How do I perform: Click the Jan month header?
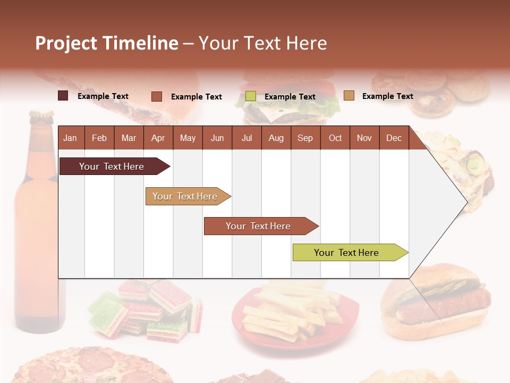70,138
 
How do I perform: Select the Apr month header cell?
158,138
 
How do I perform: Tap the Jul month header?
246,138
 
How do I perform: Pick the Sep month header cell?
305,138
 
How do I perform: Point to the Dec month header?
394,138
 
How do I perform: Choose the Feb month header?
99,138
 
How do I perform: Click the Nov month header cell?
364,138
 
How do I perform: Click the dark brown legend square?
63,96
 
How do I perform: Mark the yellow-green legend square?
251,96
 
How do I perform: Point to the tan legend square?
349,96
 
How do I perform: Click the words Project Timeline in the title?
107,43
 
